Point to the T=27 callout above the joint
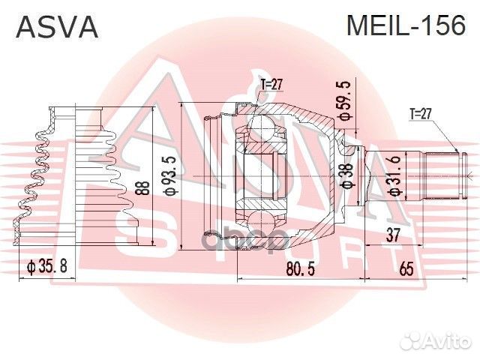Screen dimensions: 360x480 tap(271, 84)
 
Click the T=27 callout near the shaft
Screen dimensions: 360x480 tap(424, 115)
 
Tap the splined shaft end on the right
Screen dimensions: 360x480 tap(442, 175)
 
